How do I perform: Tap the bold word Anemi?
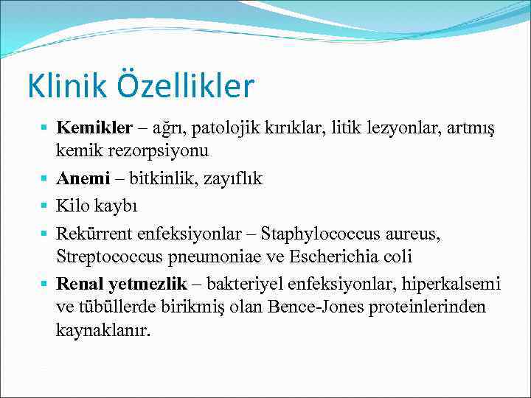tap(83, 178)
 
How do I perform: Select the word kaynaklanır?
tap(103, 330)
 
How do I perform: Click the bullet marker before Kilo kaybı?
tap(46, 206)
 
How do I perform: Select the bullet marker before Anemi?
tap(46, 178)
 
